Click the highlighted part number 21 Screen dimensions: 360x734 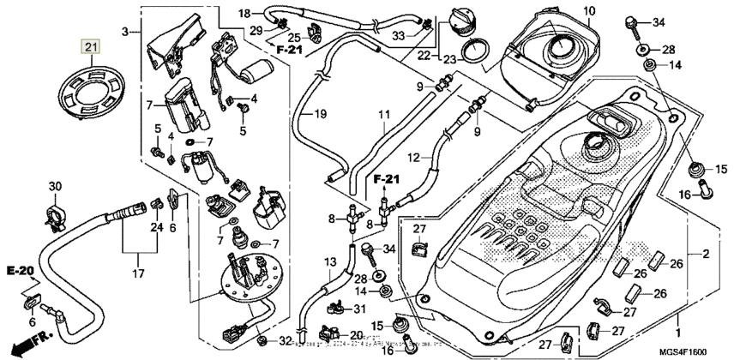click(91, 45)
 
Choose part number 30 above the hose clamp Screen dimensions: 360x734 click(55, 187)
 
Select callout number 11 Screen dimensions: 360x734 click(382, 114)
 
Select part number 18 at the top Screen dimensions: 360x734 click(244, 13)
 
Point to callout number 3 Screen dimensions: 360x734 click(125, 32)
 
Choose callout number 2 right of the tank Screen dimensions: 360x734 click(705, 255)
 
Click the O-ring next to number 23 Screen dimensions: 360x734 click(471, 54)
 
